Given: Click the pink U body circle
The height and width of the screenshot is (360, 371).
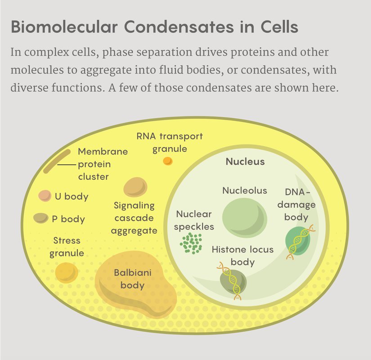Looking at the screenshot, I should click(x=45, y=196).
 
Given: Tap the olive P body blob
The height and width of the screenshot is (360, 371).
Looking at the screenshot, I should click(x=41, y=218).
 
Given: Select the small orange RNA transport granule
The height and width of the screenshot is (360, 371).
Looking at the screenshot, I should click(x=167, y=160).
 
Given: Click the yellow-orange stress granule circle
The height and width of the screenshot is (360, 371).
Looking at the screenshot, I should click(x=67, y=272).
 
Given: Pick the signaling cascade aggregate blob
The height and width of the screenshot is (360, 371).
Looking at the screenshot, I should click(x=135, y=187).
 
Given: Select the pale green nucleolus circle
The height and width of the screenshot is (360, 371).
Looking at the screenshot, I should click(x=244, y=218).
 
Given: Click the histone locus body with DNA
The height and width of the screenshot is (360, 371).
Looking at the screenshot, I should click(x=232, y=280).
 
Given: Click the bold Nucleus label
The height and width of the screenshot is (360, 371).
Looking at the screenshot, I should click(x=245, y=162).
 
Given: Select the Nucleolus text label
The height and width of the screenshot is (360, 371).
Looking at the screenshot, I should click(x=245, y=191).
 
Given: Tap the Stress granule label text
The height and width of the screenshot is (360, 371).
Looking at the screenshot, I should click(x=67, y=247).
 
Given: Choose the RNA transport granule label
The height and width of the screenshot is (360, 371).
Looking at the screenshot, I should click(x=170, y=142).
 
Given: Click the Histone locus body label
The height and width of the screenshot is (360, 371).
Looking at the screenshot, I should click(x=242, y=255).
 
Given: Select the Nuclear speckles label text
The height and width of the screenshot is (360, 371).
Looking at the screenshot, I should click(x=194, y=220).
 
